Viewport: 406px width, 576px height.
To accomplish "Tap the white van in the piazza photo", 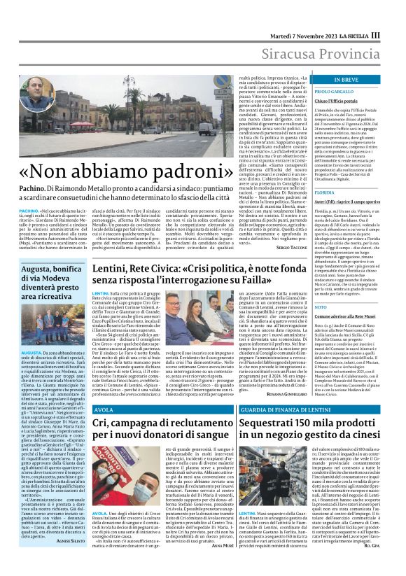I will [207, 130].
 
